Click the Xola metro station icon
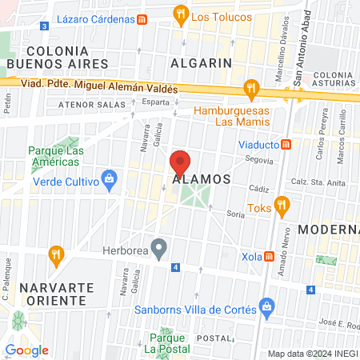coord(270,257)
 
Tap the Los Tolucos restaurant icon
coord(182,14)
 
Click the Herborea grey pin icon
coord(159,248)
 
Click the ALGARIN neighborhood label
coord(200,62)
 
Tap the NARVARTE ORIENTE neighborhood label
coord(54,294)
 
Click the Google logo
coord(27,350)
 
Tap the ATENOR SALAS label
coord(86,104)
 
